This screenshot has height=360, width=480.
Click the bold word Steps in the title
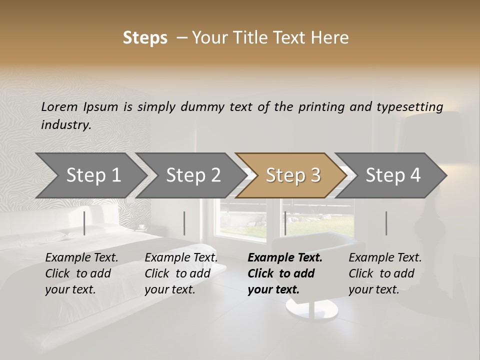point(145,38)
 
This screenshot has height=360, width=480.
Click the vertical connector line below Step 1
point(84,223)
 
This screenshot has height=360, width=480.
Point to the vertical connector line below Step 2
point(184,223)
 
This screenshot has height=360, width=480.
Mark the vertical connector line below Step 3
point(285,223)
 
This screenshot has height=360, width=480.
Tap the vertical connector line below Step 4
point(386,223)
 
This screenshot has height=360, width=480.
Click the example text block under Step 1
point(81,273)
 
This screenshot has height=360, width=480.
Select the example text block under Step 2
point(181,273)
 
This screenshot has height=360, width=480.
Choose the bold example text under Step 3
point(284,273)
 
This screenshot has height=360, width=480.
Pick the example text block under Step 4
point(385,273)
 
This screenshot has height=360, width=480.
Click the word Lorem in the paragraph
point(59,106)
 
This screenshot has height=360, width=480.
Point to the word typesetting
point(414,107)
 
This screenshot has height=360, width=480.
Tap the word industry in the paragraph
point(65,125)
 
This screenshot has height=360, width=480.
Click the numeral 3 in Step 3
point(315,175)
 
